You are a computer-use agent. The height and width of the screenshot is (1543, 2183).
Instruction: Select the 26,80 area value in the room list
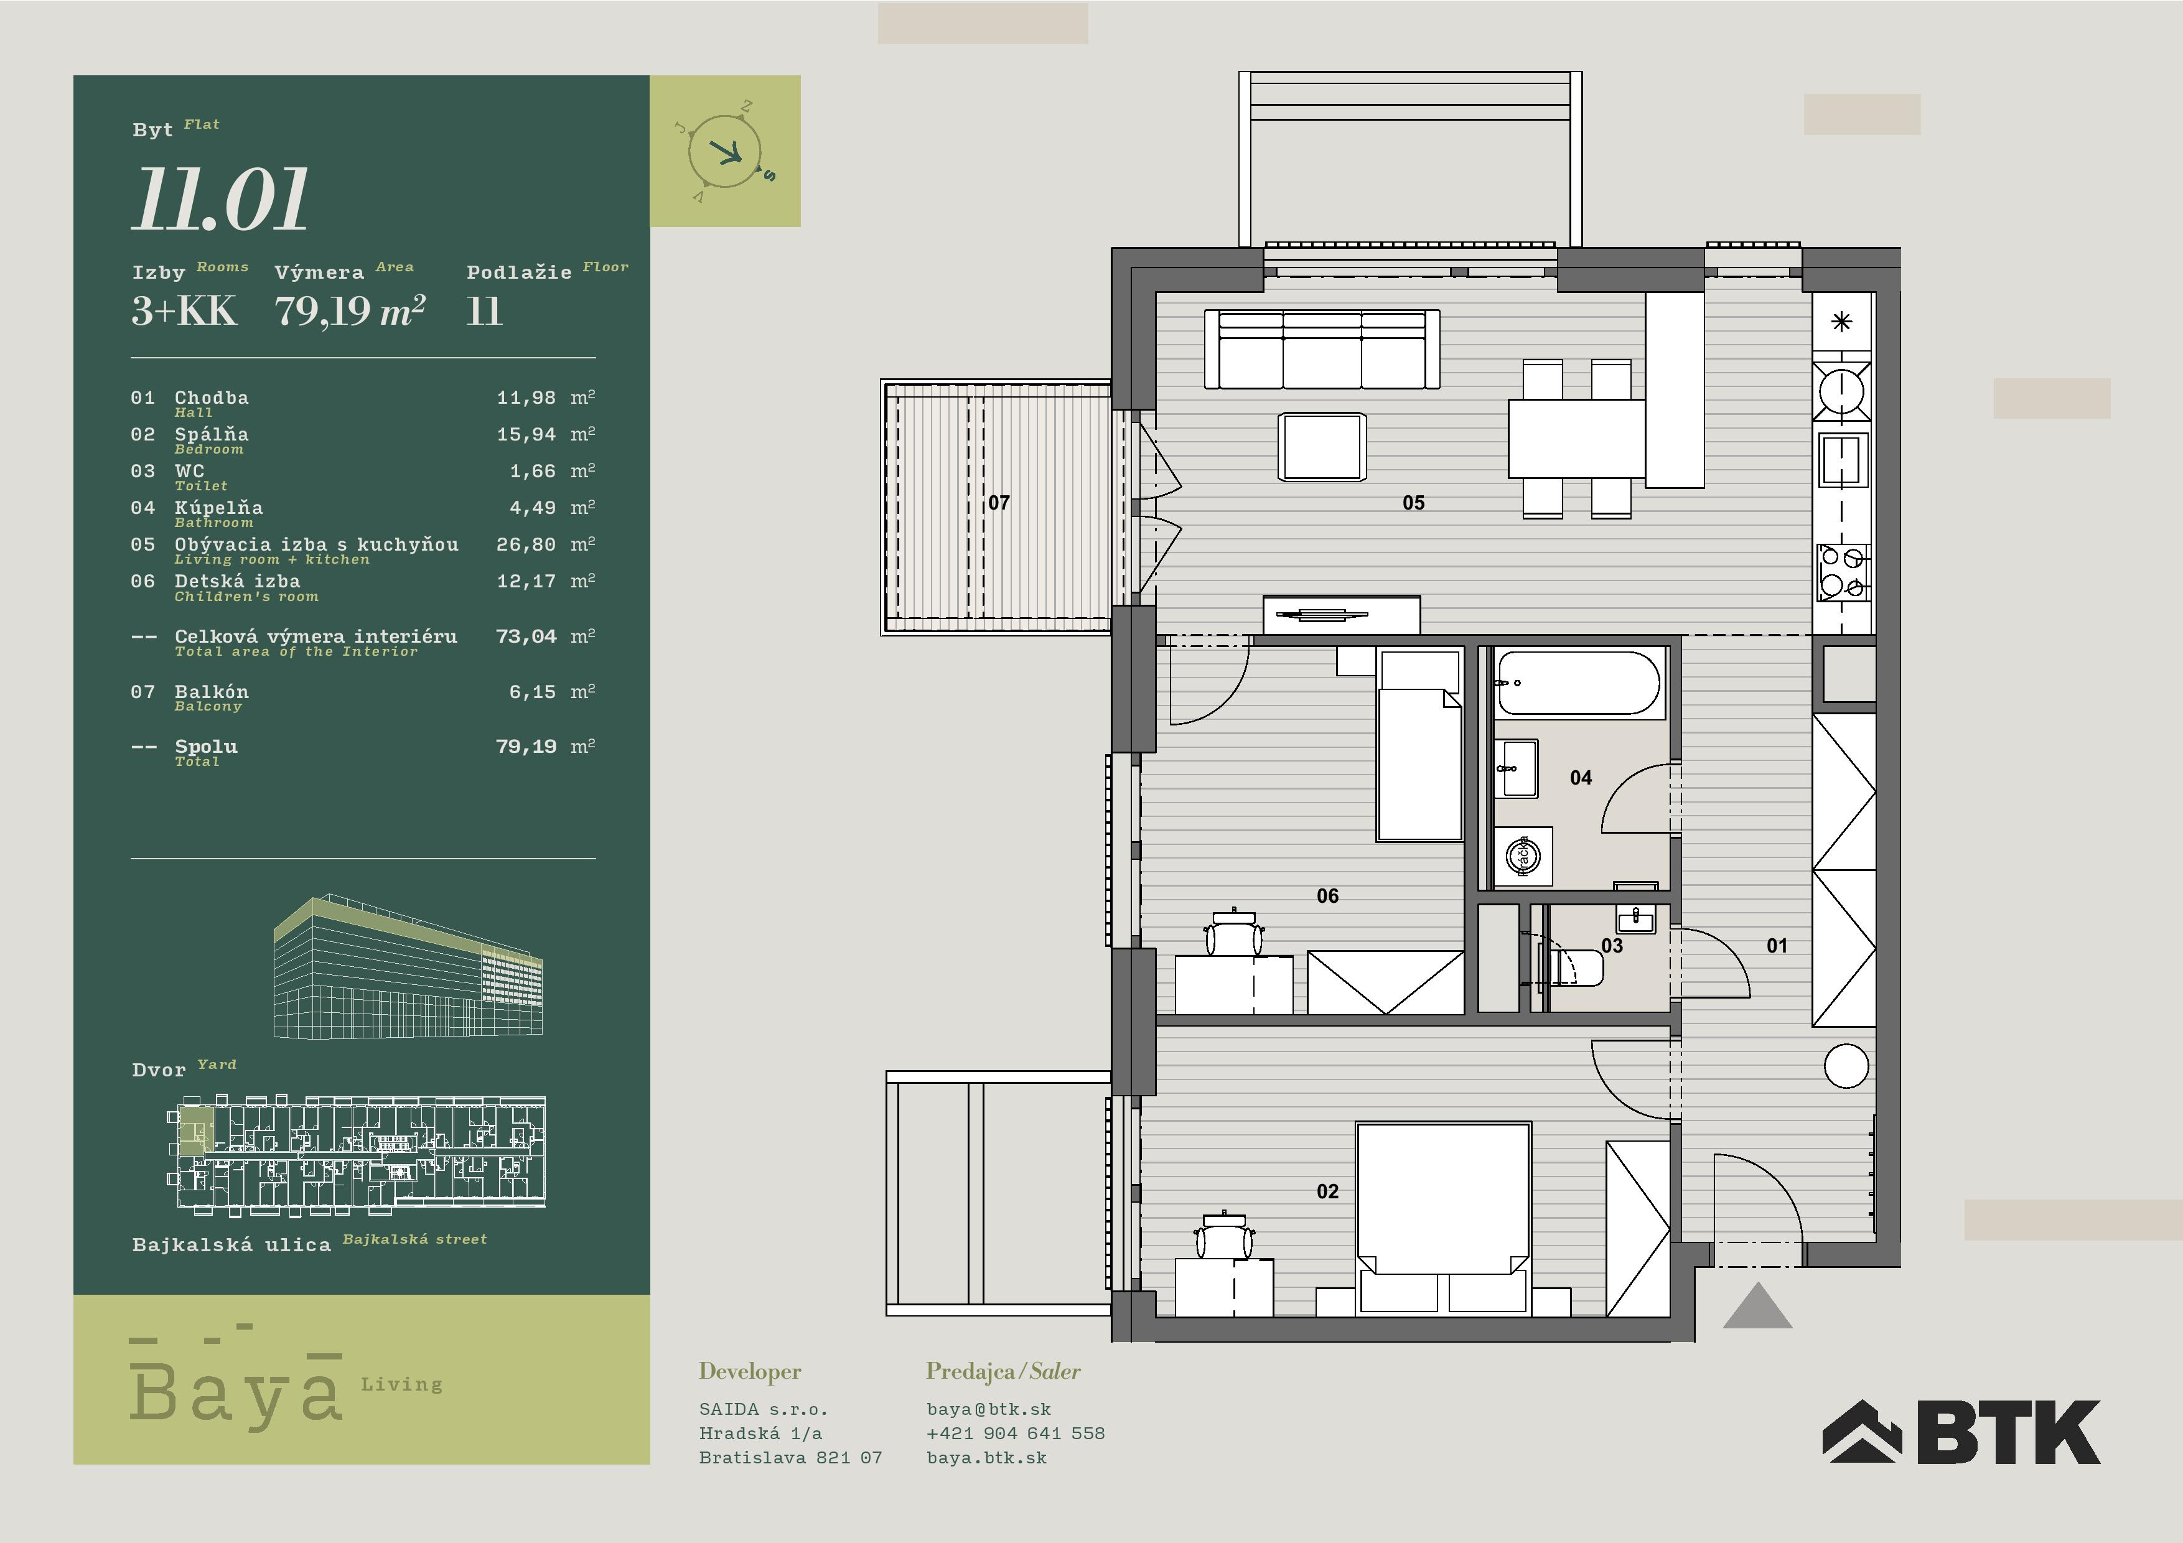point(526,545)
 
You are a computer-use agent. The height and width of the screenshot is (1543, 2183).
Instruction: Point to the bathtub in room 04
point(1578,682)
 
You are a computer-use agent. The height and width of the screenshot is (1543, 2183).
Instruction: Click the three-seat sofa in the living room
point(1322,349)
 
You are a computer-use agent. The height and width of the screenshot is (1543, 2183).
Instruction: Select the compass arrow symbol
point(727,151)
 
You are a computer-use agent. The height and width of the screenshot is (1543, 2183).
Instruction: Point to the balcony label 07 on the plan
point(998,503)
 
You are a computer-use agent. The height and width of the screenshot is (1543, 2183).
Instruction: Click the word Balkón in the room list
point(211,691)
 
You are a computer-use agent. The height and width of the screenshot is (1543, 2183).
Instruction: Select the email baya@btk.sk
point(989,1409)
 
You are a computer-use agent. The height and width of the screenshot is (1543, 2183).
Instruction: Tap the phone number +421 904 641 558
point(1016,1433)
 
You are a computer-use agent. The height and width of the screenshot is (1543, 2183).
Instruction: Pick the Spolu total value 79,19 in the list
point(526,747)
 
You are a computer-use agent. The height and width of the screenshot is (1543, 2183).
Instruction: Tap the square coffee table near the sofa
point(1322,447)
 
